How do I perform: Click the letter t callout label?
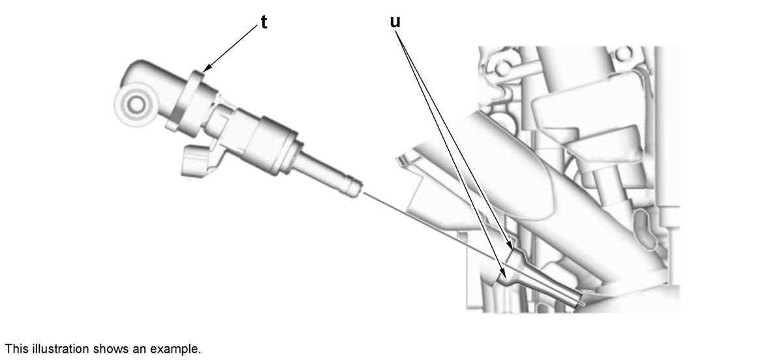click(264, 22)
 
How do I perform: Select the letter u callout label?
click(395, 22)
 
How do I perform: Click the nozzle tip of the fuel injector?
click(356, 189)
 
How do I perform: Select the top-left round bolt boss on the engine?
click(503, 68)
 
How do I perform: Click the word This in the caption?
click(17, 349)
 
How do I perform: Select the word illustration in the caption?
click(61, 349)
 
